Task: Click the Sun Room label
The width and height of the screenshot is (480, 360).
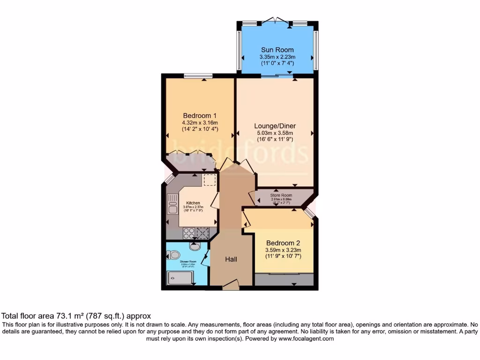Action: (277, 50)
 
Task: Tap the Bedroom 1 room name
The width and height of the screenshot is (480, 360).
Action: (200, 116)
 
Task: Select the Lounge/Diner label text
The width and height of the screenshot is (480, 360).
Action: (275, 126)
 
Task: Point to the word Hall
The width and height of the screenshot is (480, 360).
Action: (231, 259)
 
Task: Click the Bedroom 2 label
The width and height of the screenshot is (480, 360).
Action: (283, 243)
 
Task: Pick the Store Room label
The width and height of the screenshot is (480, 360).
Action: (281, 195)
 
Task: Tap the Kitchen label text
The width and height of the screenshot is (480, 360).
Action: (193, 203)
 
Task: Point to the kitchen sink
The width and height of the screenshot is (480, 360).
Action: (171, 205)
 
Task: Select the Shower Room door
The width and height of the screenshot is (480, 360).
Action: (205, 257)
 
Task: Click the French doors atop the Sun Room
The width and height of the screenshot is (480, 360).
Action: (277, 21)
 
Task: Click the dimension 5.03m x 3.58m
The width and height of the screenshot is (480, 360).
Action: (275, 133)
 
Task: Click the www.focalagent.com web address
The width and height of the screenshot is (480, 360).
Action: (306, 338)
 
